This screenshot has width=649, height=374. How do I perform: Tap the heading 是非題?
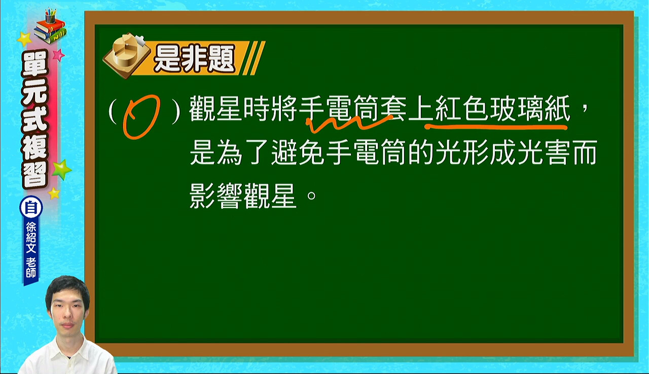194,59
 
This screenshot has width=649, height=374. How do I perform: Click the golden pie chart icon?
126,56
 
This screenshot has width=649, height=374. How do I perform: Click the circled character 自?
31,208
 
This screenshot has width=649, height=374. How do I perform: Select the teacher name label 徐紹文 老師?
31,250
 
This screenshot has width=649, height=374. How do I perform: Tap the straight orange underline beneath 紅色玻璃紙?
496,127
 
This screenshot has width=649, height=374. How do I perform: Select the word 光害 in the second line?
542,153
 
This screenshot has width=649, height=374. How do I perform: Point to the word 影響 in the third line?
216,196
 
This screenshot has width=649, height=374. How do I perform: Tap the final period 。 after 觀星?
311,196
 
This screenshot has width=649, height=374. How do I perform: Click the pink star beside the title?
58,55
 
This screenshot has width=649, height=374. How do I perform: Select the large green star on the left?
61,170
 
